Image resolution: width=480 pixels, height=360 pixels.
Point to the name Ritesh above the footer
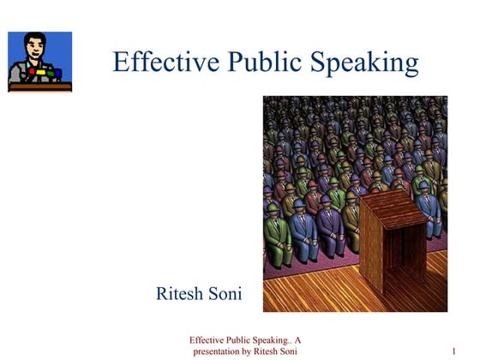pos(179,294)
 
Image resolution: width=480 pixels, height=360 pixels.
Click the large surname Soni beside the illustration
pos(224,294)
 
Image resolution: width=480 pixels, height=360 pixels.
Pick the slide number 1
pos(452,351)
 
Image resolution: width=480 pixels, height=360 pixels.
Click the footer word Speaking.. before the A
pos(271,339)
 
